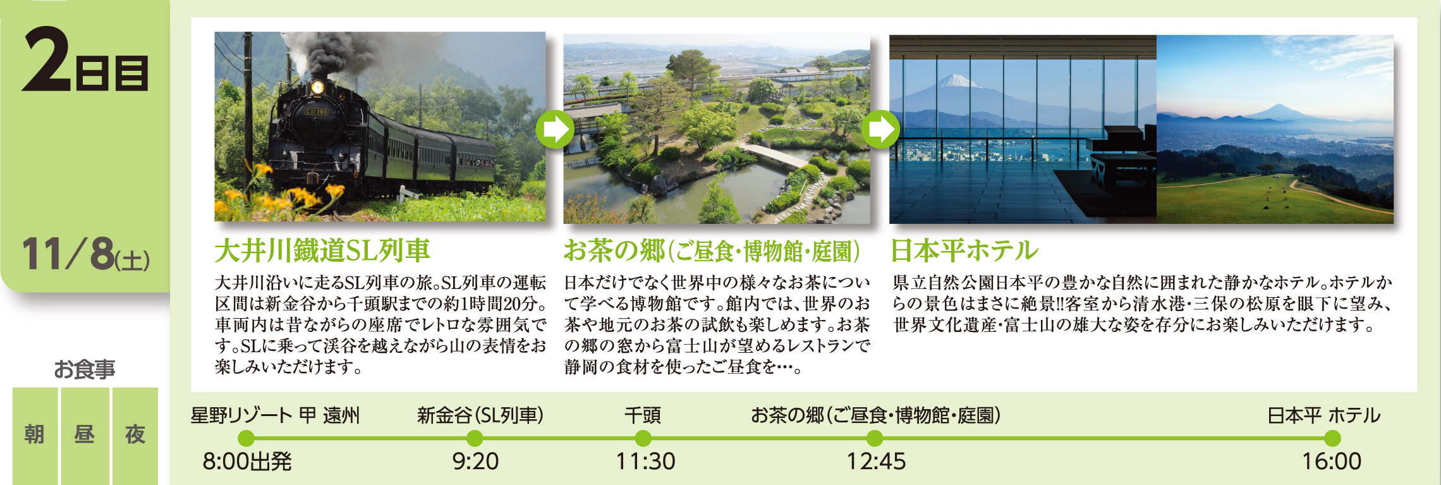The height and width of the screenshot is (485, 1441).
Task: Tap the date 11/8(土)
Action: point(86,254)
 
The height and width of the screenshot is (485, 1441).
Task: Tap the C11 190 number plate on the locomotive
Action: point(317,111)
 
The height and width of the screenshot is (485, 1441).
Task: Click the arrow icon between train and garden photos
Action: point(554,129)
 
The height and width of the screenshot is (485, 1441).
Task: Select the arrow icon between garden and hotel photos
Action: point(880,129)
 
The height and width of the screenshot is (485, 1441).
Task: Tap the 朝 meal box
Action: point(35,436)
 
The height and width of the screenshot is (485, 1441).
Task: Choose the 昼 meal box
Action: point(85,436)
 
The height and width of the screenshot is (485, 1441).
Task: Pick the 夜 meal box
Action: point(135,436)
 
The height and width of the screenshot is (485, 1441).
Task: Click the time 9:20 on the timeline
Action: point(475,462)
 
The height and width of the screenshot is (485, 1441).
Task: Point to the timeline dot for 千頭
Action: point(643,438)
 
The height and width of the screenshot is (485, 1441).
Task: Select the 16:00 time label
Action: point(1332,462)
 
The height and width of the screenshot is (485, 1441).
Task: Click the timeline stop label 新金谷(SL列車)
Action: point(480,415)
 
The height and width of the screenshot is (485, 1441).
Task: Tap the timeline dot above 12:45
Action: point(875,438)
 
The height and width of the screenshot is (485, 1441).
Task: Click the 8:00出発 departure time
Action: point(247,462)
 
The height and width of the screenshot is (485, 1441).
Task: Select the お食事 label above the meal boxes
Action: point(85,369)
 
